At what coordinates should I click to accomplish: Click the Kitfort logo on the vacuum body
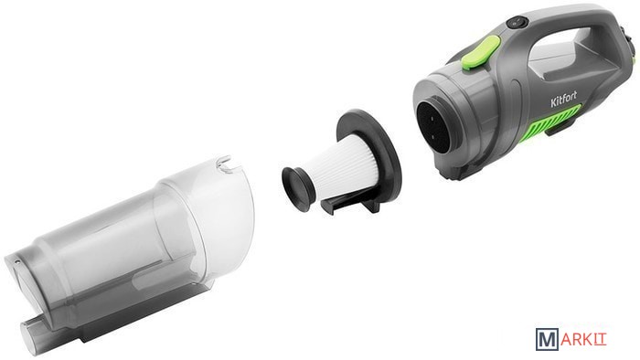564,99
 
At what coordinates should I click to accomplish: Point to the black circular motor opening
435,125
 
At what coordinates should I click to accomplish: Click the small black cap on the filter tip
297,188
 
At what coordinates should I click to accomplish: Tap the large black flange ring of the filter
369,150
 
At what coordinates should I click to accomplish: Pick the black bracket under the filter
352,203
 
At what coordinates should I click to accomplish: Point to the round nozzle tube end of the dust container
30,334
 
